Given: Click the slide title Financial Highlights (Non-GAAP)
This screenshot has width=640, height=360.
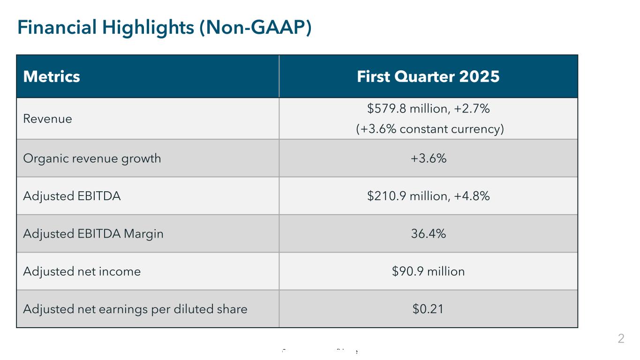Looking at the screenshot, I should coord(165,28).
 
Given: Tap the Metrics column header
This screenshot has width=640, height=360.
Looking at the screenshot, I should coord(52,76).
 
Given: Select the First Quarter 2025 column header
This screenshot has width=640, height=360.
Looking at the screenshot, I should coord(428,76).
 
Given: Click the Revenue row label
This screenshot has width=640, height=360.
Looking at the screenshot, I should coord(47,119).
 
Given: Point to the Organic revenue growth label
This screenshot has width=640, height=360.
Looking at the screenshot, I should coord(92,158).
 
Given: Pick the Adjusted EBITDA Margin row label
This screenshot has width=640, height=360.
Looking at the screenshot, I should coord(93,233).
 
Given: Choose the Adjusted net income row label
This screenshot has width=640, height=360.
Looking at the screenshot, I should coord(82,271).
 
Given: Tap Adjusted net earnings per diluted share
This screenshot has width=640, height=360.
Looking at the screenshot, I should coord(135,309).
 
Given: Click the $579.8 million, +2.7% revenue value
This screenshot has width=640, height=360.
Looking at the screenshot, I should coord(428,109).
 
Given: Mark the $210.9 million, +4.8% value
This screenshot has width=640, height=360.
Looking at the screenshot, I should coord(428,196).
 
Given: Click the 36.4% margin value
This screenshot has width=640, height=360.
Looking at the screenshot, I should coord(428,233).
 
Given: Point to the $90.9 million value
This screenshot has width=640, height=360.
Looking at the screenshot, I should coord(428,271).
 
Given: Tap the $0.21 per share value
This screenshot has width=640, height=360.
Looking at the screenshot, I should coord(428,309).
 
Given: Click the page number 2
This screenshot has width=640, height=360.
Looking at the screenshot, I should coord(621,338).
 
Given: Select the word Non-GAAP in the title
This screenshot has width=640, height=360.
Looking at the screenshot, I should coord(255,28).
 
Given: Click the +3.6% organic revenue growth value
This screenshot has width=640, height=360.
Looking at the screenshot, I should coord(428,158).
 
